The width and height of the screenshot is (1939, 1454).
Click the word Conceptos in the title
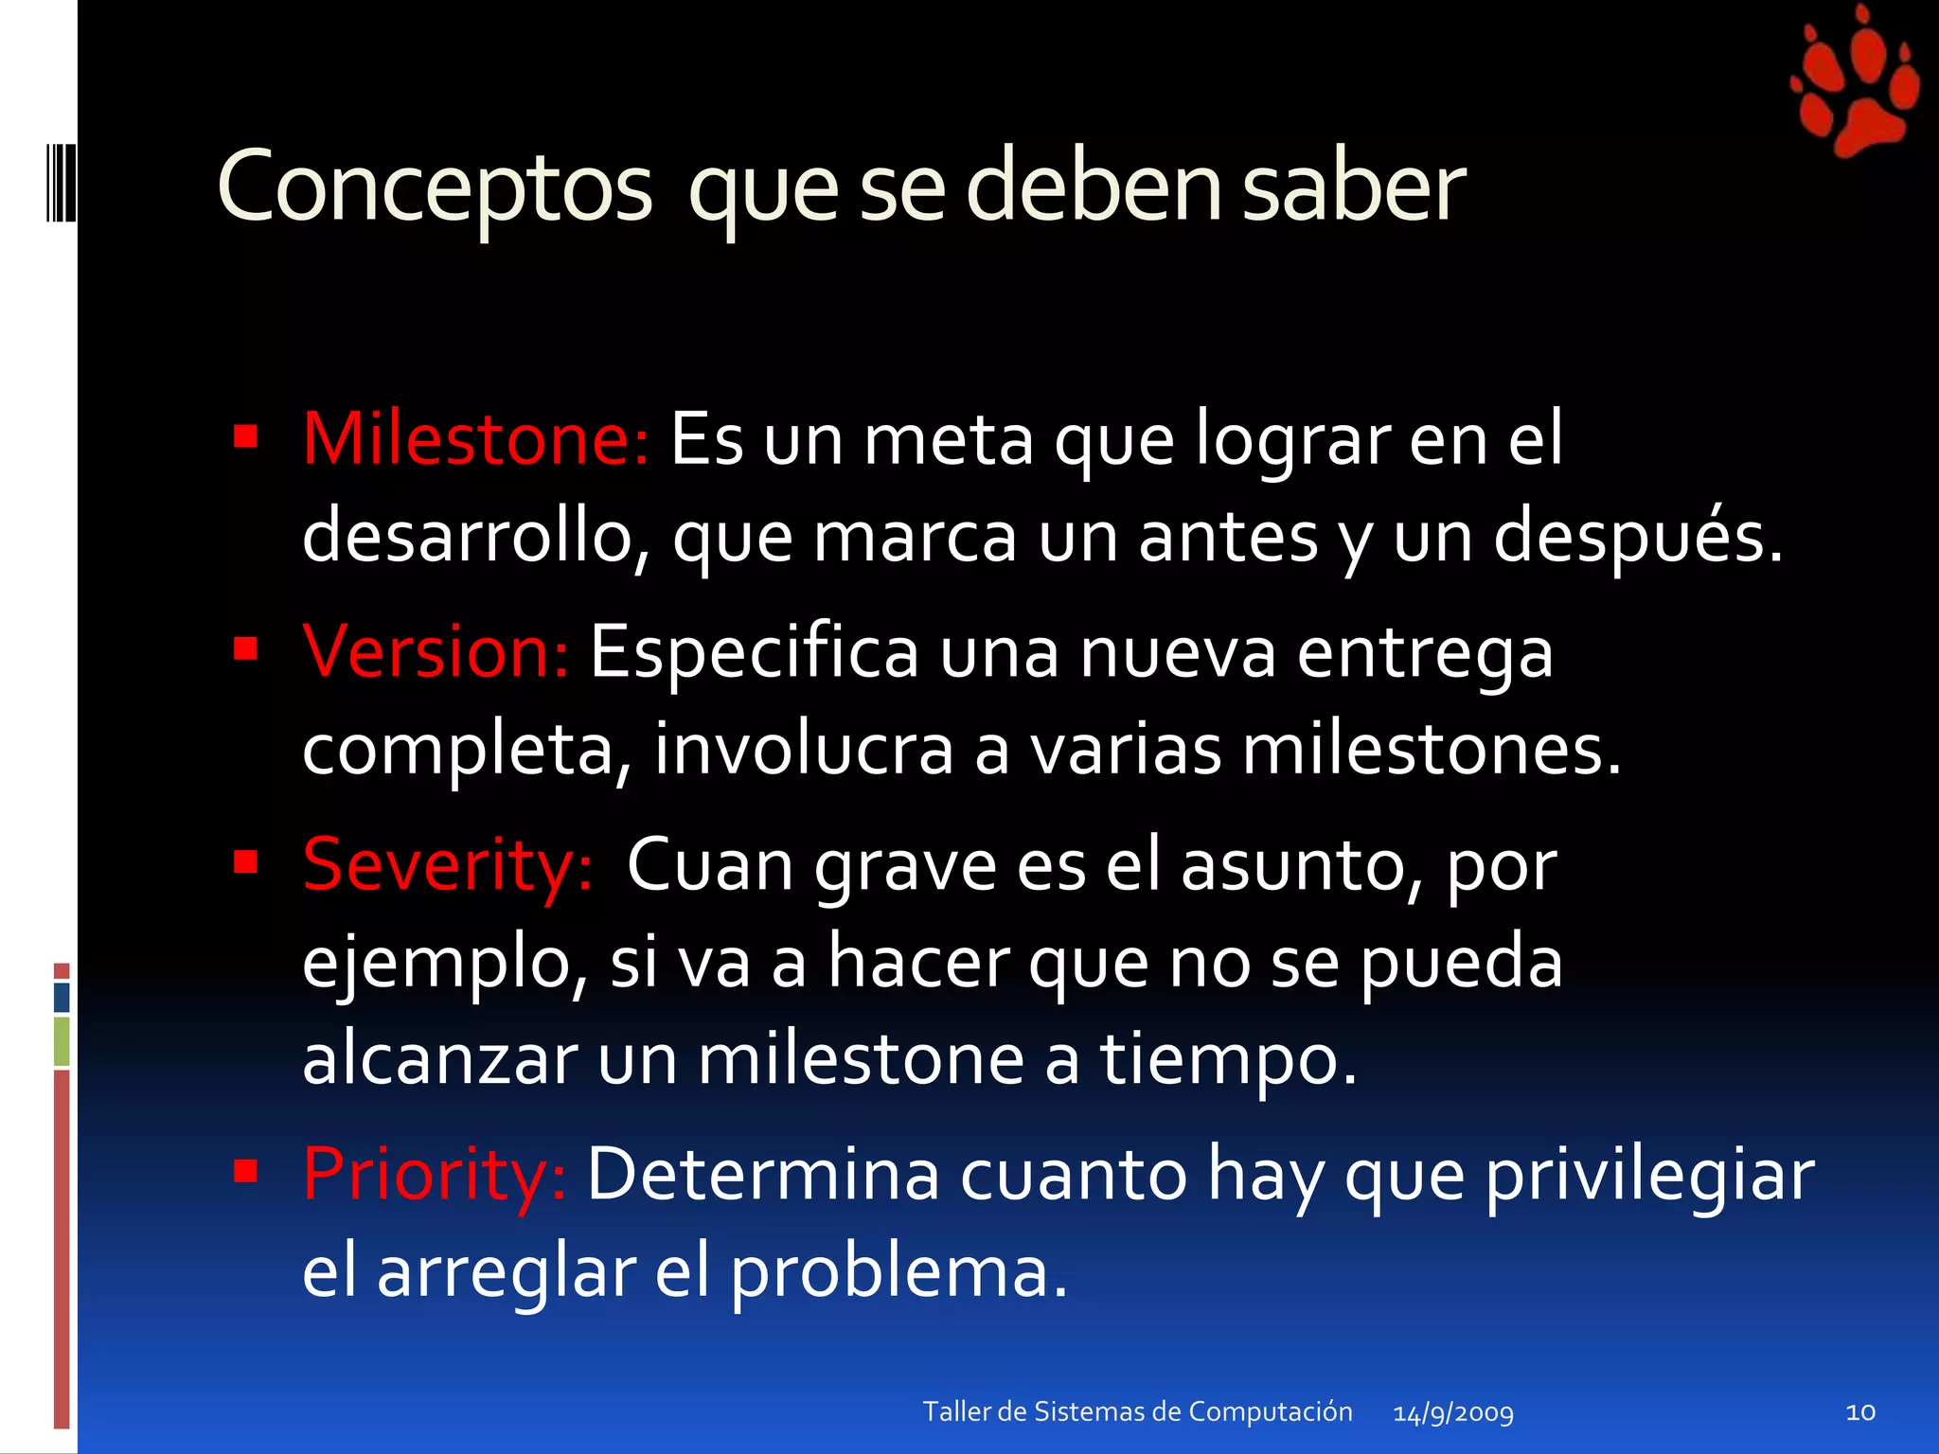[x=435, y=187]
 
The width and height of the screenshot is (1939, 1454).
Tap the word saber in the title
[x=1354, y=187]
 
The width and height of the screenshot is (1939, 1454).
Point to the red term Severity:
[x=448, y=865]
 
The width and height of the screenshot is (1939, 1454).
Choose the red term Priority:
[x=435, y=1174]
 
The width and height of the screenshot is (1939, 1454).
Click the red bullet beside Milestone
[x=246, y=436]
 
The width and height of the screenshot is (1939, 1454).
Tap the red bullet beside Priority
[x=246, y=1172]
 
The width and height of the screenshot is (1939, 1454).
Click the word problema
[x=898, y=1272]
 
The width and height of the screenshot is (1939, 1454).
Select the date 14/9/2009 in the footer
[x=1453, y=1413]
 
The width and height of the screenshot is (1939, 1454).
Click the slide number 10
[x=1860, y=1412]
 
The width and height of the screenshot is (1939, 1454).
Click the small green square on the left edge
[x=62, y=1040]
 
